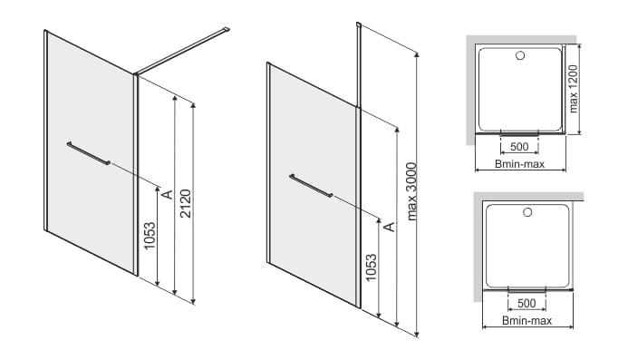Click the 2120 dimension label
186,204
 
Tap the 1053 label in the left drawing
150,236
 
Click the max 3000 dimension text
411,191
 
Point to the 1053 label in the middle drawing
371,268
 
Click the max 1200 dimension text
574,89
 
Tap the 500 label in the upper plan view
519,147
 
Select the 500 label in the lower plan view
527,304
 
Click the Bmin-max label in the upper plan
519,163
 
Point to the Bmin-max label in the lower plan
527,320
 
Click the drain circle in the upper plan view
520,55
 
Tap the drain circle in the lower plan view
527,212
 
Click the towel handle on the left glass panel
89,153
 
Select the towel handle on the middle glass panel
311,186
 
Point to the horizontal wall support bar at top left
181,51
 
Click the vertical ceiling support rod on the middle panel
359,65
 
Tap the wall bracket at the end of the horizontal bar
227,29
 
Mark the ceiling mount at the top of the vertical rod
359,24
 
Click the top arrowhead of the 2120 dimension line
193,106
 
